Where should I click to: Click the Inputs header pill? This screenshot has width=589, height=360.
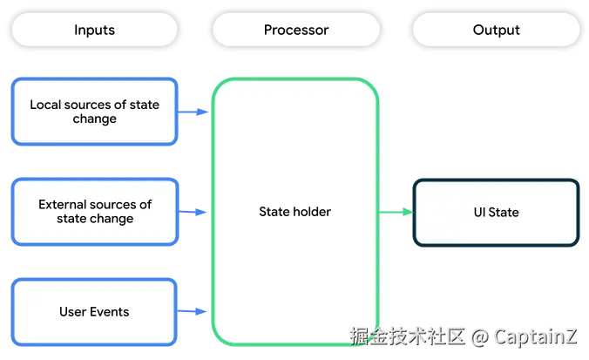[94, 30]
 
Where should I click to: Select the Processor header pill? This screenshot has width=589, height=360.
[296, 30]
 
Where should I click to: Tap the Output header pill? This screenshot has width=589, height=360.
[497, 30]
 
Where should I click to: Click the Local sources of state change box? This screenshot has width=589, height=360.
[94, 112]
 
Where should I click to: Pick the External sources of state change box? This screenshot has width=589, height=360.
[95, 212]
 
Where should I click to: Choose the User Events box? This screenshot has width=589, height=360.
[94, 312]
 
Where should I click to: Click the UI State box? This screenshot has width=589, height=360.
[497, 213]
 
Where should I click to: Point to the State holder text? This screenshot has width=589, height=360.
[294, 212]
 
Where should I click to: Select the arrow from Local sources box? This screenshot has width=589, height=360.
[193, 112]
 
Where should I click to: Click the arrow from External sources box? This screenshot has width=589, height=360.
[193, 212]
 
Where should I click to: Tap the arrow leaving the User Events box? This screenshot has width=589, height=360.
[192, 311]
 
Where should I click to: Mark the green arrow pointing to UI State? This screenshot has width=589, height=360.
[396, 212]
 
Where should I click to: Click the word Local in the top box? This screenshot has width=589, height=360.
[45, 105]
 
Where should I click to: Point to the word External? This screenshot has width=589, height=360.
[64, 205]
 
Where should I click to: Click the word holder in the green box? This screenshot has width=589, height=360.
[313, 212]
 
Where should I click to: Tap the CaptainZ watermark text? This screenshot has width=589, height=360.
[535, 336]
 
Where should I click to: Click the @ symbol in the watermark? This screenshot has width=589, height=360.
[479, 337]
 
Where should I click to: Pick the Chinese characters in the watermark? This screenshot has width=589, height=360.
[408, 336]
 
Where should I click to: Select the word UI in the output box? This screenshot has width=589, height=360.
[479, 213]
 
